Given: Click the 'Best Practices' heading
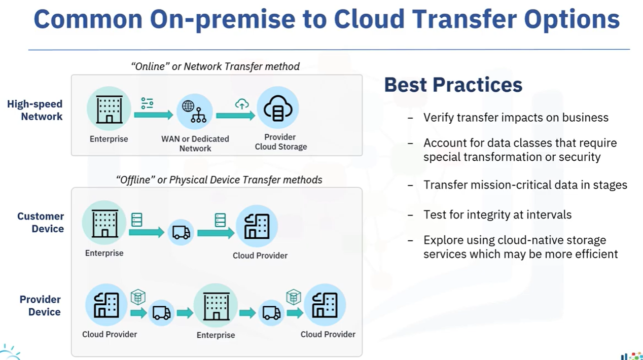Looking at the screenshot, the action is click(x=453, y=85).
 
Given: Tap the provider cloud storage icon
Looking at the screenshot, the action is click(x=278, y=108).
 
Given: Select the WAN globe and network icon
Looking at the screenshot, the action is click(x=195, y=112).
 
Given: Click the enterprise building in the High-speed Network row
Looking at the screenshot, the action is click(x=109, y=109).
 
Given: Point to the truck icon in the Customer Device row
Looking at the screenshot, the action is click(x=181, y=232).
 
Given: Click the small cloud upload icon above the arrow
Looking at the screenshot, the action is click(x=242, y=104).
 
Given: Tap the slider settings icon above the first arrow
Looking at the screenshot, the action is click(x=147, y=103).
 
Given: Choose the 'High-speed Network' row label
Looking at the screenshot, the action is click(x=34, y=110).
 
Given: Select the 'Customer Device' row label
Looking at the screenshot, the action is click(x=41, y=223).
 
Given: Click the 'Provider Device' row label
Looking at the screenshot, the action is click(x=40, y=306).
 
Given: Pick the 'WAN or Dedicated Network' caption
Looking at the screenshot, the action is click(x=195, y=143).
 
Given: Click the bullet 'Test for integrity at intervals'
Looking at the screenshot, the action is click(x=497, y=215).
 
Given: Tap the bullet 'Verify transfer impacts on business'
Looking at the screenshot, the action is click(x=516, y=118).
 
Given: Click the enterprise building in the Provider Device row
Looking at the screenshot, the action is click(x=216, y=305).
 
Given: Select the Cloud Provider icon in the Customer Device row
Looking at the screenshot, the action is click(x=257, y=226).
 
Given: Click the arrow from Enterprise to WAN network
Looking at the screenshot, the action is click(x=154, y=115).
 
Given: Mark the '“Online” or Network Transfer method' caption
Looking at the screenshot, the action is click(x=216, y=66).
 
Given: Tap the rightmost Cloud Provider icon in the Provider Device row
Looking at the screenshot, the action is click(x=325, y=305).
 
